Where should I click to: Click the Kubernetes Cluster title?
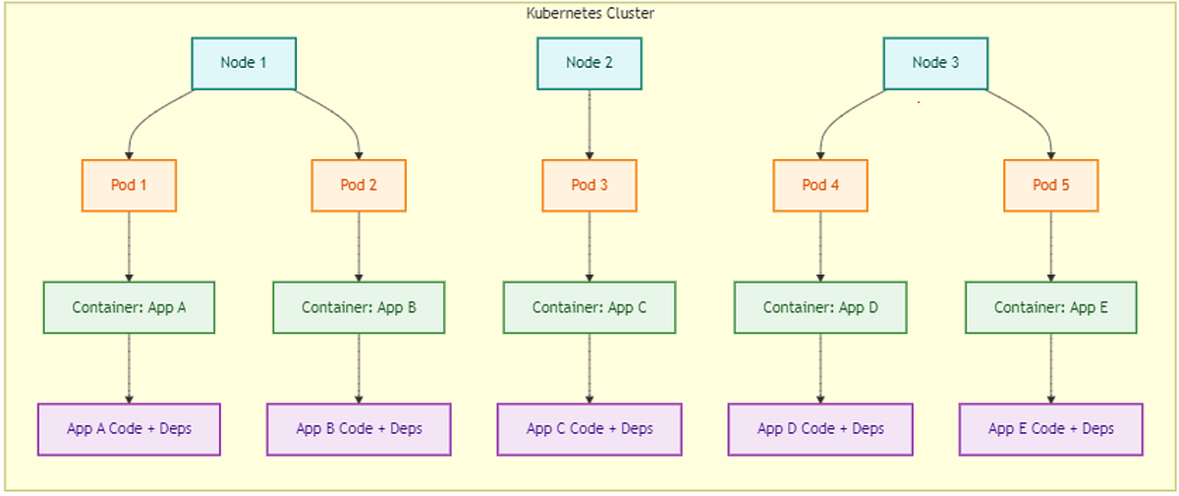click(x=589, y=13)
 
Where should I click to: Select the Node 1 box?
click(x=244, y=64)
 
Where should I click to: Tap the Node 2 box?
click(x=589, y=64)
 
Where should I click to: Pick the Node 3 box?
click(x=935, y=64)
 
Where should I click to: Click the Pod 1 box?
click(x=129, y=186)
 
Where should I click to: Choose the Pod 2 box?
click(x=359, y=186)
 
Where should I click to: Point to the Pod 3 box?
click(x=589, y=186)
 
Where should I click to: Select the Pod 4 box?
click(x=820, y=186)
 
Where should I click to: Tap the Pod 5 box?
click(x=1050, y=186)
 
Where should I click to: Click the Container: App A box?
click(x=129, y=307)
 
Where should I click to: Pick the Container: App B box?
click(x=359, y=307)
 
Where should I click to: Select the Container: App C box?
click(x=589, y=307)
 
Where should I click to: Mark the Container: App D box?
click(x=820, y=307)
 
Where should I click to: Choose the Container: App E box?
click(x=1050, y=307)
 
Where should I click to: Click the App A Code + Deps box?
click(x=129, y=429)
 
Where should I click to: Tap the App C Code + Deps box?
click(x=589, y=429)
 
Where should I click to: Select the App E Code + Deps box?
click(x=1050, y=429)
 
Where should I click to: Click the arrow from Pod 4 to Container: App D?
click(x=820, y=247)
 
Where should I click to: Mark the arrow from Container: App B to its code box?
click(x=359, y=368)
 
